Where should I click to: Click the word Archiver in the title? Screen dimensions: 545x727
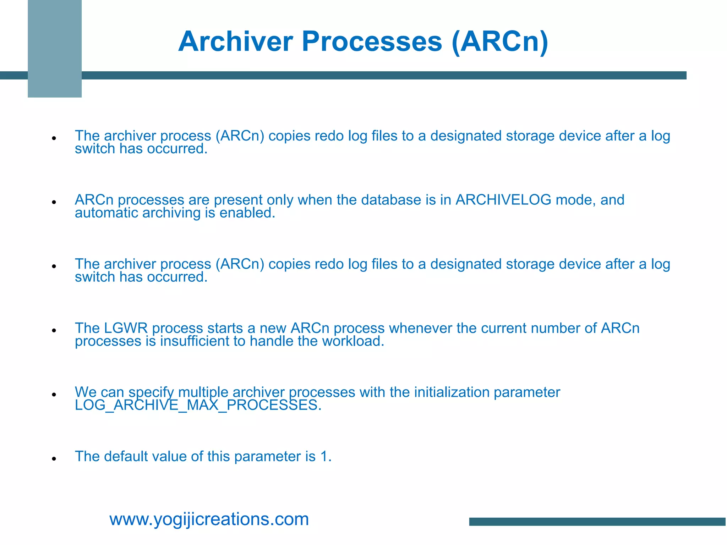235,42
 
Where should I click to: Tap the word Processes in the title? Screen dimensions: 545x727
372,42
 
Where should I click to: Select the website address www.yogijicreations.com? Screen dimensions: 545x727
209,519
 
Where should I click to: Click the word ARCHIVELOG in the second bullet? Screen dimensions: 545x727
503,200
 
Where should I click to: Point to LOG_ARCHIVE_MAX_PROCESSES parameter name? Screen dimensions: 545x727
198,405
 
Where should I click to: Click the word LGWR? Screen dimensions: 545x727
126,328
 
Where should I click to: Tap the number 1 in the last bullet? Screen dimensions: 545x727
324,457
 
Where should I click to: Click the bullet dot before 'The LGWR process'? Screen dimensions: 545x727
54,330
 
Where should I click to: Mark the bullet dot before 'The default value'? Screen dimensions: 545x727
54,459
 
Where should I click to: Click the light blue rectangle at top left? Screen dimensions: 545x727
55,49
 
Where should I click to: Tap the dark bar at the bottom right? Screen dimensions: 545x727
597,522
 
